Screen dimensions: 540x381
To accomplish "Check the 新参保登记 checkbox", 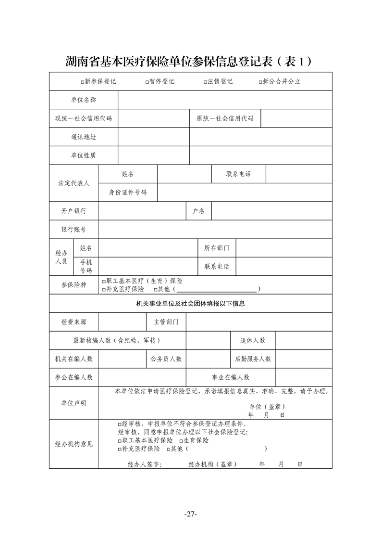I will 83,82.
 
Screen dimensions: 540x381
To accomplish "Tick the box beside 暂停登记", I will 147,82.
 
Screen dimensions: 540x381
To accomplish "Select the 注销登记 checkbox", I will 205,82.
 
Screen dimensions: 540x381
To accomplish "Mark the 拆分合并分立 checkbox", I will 260,82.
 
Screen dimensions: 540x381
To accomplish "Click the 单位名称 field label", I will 84,100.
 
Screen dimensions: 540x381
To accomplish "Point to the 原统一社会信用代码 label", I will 225,118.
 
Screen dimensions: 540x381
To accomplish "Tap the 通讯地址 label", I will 84,137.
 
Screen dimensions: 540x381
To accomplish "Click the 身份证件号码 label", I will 128,193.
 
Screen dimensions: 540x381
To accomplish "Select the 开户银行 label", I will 74,211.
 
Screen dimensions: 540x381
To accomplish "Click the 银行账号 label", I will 74,230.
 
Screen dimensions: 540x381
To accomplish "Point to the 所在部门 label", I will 217,248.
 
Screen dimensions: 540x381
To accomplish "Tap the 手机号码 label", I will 86,266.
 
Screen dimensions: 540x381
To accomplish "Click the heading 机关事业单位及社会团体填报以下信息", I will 191,304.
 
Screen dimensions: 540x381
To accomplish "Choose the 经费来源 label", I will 74,322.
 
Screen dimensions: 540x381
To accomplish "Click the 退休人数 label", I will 253,340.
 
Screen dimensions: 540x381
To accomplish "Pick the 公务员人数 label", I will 166,359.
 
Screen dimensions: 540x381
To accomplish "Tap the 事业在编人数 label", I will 231,377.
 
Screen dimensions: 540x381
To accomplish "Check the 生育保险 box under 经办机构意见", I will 180,441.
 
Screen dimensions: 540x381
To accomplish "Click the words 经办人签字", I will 144,464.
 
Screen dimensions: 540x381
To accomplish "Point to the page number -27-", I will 191,514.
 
